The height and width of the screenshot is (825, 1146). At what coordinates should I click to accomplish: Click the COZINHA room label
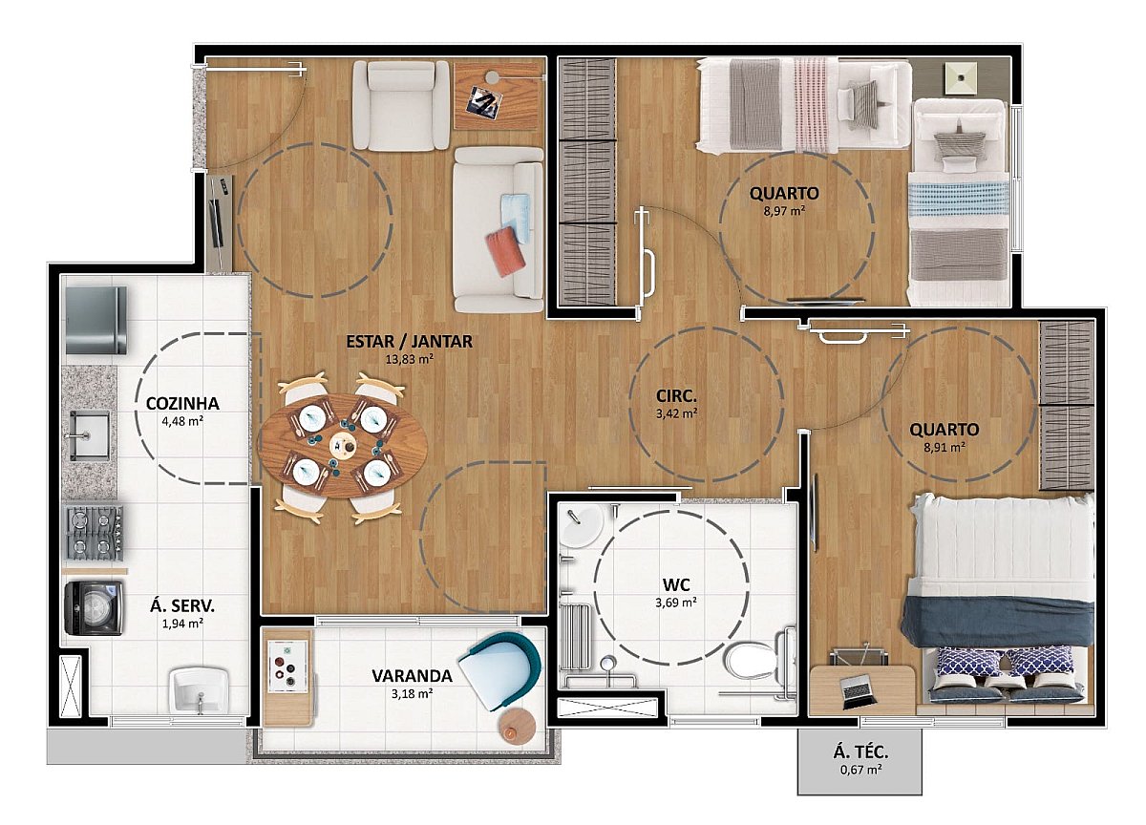[182, 404]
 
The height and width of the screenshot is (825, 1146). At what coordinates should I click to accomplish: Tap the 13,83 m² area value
[410, 359]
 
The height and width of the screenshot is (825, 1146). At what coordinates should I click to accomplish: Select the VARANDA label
[412, 676]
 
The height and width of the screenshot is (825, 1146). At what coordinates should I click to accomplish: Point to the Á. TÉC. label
[861, 751]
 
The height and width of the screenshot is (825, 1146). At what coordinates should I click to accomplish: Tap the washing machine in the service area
[94, 607]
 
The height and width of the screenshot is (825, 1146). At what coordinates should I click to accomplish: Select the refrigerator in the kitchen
[96, 320]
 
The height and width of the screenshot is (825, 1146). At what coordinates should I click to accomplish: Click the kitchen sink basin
[90, 434]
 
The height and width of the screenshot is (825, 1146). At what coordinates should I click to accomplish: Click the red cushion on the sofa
[505, 252]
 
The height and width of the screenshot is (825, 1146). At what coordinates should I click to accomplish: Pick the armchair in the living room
[401, 105]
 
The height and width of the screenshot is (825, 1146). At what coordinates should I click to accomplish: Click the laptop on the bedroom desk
[857, 692]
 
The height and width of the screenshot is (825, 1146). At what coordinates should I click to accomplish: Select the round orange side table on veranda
[518, 727]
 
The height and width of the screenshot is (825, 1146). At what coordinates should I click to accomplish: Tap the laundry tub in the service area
[200, 690]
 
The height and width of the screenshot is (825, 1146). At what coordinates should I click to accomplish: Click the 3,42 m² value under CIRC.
[676, 413]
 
